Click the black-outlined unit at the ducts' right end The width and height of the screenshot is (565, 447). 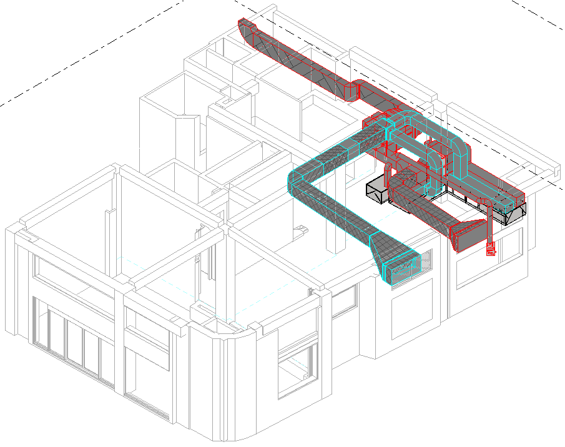pyautogui.click(x=516, y=213)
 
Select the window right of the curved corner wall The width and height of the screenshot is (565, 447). pyautogui.click(x=294, y=371)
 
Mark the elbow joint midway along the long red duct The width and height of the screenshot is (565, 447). pyautogui.click(x=352, y=91)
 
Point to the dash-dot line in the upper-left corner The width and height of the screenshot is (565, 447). pyautogui.click(x=87, y=53)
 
